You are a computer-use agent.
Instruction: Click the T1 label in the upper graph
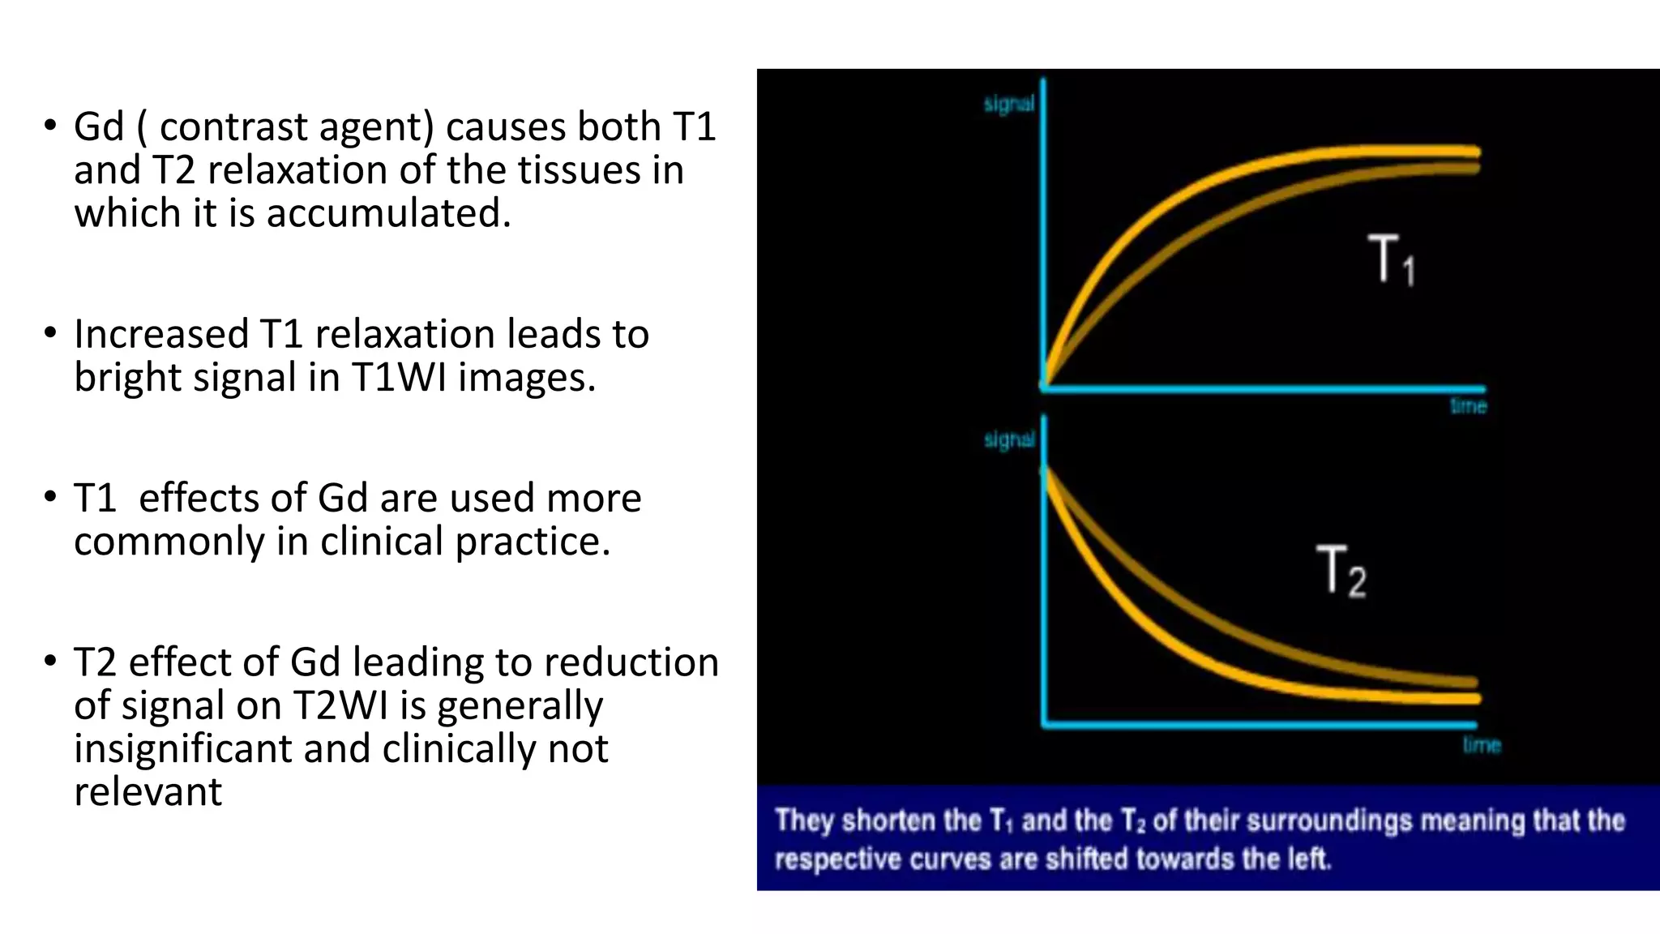1391,259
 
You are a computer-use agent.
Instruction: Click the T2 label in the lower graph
1341,572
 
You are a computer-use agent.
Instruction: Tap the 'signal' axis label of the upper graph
1008,104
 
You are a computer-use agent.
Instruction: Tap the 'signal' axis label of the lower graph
1009,439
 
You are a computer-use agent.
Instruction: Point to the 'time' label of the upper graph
1468,405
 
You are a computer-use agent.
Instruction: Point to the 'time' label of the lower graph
1482,744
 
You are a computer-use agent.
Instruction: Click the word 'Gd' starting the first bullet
99,127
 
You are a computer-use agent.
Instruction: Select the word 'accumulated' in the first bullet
388,213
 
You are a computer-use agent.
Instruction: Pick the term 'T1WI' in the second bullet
399,378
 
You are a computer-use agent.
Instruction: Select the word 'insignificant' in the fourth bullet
182,748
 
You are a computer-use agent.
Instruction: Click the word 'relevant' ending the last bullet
148,792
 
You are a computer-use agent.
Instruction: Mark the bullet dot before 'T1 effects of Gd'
51,496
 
